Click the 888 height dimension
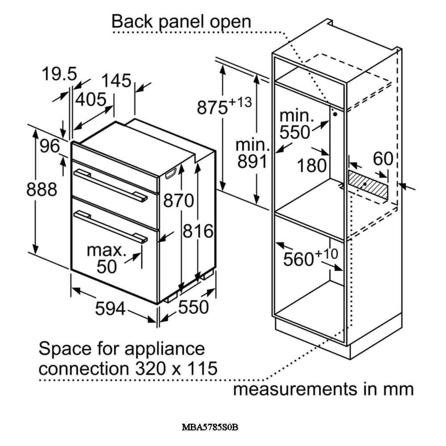(42, 189)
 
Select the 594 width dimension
(110, 308)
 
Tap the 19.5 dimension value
(60, 74)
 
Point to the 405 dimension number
(91, 99)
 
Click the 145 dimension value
(116, 81)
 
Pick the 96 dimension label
(49, 146)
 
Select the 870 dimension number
(178, 201)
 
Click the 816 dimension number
(198, 231)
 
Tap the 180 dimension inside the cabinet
(312, 165)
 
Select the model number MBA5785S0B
(210, 427)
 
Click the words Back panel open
(181, 21)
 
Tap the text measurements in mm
(323, 389)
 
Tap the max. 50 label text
(107, 259)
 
